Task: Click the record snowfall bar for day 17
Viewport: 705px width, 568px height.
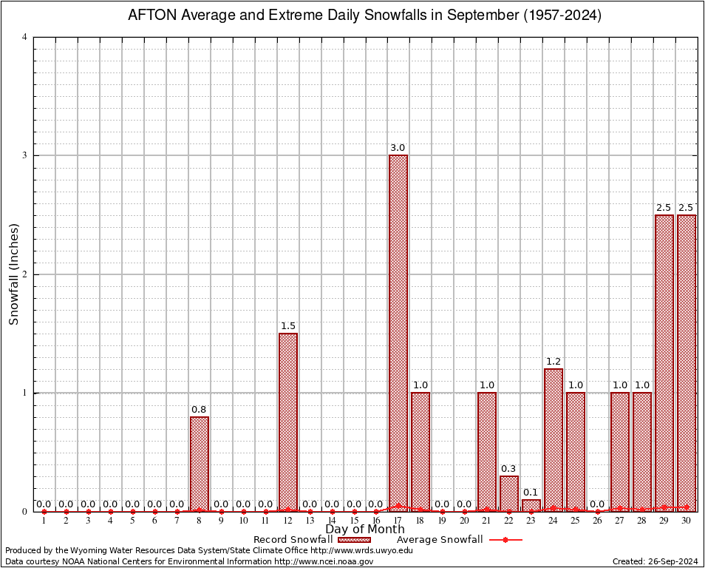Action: tap(398, 333)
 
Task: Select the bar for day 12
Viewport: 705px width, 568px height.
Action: tap(288, 422)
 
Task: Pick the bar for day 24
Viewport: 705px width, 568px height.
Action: tap(554, 439)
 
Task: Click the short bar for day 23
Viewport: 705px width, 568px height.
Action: tap(531, 505)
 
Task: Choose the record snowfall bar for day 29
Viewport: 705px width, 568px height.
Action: tap(664, 362)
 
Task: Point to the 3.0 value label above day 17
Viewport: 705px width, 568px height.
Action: tap(398, 148)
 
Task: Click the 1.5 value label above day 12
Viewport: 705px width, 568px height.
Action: tap(288, 326)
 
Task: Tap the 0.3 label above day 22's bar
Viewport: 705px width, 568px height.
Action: tap(509, 469)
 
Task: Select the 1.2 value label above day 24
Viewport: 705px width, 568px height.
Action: tap(554, 362)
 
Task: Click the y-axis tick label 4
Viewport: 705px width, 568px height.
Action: tap(25, 37)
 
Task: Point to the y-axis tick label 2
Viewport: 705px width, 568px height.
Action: tap(25, 274)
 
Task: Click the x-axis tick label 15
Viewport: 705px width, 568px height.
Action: tap(354, 521)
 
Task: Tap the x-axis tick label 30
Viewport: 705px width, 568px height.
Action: tap(687, 521)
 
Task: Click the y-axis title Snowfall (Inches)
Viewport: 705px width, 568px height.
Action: tap(13, 274)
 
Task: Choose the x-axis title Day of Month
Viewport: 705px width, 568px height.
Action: tap(365, 530)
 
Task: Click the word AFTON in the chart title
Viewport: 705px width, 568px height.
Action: tap(151, 15)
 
